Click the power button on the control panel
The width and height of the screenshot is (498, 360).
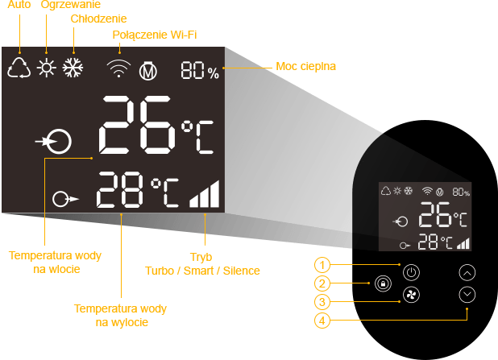[x=411, y=271]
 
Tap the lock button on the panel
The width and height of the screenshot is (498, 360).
[x=383, y=284]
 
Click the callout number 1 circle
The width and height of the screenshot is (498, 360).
[x=322, y=265]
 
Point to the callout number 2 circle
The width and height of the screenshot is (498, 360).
[x=322, y=283]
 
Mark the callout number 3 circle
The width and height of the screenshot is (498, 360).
[x=322, y=303]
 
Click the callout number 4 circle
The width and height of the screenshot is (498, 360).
[x=322, y=321]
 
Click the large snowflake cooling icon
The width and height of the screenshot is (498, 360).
[x=75, y=68]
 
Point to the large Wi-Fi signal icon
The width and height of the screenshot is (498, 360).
[x=118, y=69]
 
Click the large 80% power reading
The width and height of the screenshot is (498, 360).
[x=200, y=72]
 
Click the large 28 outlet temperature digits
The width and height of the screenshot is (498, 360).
[x=121, y=192]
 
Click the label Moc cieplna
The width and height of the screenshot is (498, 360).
[x=306, y=66]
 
